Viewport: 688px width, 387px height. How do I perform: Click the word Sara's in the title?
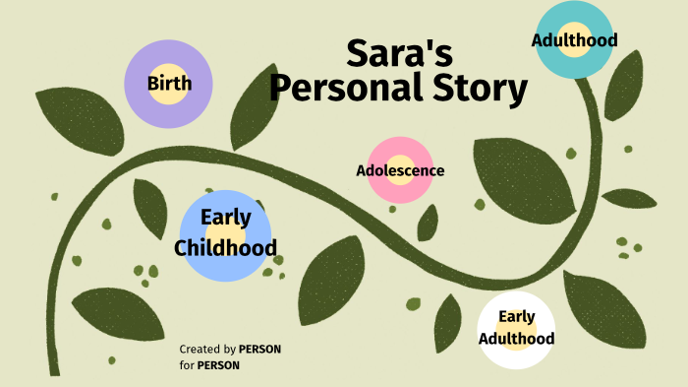[x=398, y=55]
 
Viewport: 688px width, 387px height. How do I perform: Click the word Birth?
[x=169, y=83]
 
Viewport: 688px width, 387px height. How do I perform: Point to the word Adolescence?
[x=400, y=170]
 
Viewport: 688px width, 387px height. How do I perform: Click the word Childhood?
[x=225, y=247]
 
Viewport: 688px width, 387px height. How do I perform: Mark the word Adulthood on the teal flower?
[x=574, y=40]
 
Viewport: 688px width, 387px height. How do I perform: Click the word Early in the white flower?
[x=516, y=316]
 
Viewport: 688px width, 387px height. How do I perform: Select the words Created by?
[x=207, y=349]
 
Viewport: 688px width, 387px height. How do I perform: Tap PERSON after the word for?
[x=218, y=365]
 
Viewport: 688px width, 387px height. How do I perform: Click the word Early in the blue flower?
[x=225, y=218]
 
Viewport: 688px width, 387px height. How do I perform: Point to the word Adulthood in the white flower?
[x=516, y=339]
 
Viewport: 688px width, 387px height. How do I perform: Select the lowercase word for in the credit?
[x=186, y=365]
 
